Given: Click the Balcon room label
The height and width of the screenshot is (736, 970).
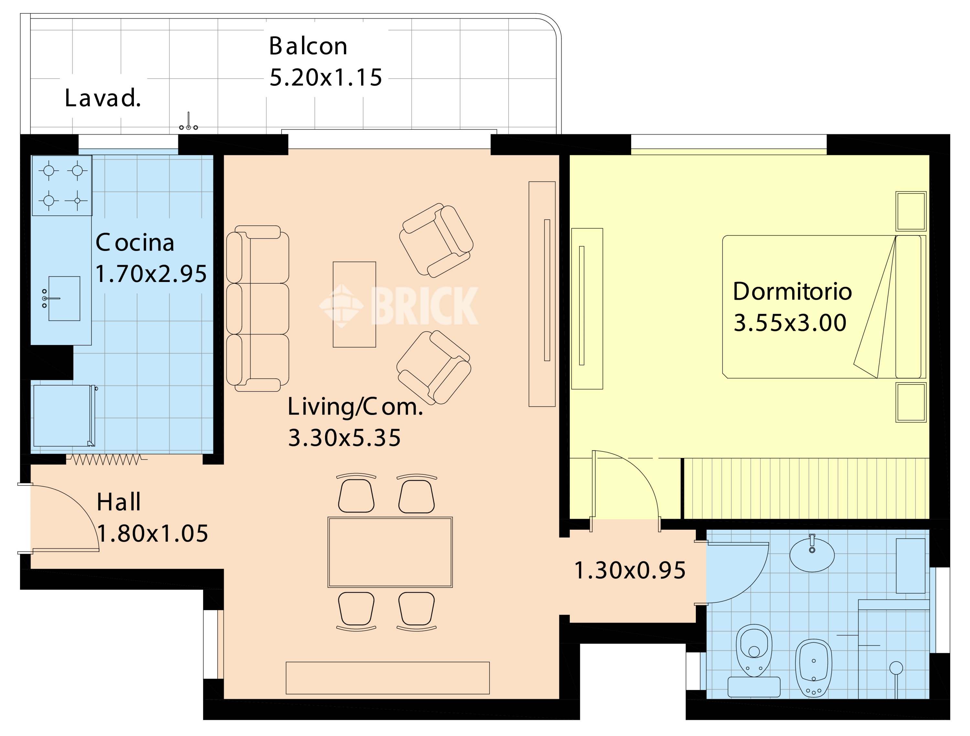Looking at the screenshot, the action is pos(308,46).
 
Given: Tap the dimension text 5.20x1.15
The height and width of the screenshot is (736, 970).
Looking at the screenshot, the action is pos(325,78).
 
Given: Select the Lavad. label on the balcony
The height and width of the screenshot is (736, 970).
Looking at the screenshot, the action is pos(102,98).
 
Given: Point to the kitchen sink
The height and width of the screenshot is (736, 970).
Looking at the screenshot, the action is pos(64,298).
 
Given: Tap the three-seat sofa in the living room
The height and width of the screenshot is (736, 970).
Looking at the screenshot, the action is pos(257,308).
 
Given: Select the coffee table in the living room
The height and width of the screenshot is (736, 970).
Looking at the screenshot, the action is pos(354,304).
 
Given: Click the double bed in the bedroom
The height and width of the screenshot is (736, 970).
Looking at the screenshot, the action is pos(824,307).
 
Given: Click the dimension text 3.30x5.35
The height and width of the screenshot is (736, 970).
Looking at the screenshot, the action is pos(344,438).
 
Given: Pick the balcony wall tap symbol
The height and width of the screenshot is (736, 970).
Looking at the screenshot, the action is pos(189,122).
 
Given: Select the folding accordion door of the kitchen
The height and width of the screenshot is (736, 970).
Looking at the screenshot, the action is pos(107,460).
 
